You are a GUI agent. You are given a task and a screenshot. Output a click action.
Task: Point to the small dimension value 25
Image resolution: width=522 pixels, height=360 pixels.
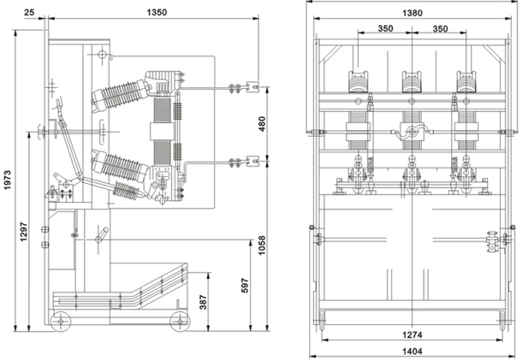click(x=30, y=13)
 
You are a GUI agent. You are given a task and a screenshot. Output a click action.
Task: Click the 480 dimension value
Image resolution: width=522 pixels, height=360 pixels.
click(x=261, y=123)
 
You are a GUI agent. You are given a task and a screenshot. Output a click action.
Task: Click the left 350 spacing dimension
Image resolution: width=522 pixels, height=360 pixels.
click(x=385, y=28)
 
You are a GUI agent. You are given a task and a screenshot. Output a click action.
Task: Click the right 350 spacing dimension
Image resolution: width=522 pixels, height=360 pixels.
click(x=440, y=28)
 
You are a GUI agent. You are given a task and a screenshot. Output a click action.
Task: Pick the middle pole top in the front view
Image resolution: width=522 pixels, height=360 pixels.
click(x=412, y=80)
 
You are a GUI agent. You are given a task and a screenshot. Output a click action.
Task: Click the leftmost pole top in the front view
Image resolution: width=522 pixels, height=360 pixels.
click(x=357, y=80)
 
